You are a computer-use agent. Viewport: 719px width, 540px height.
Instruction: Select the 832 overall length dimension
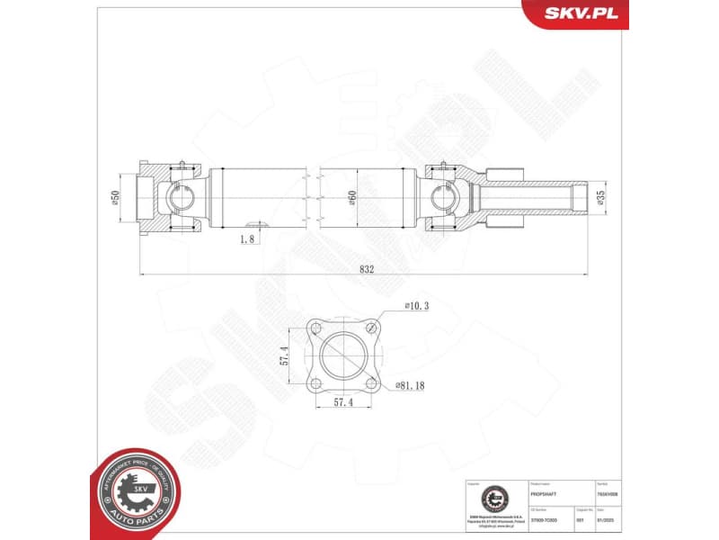point(366,267)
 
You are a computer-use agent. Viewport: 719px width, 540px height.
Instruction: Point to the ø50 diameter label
point(116,197)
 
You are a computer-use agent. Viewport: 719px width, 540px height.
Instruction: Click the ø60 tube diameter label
point(352,197)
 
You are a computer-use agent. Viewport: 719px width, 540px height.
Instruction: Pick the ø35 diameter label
point(599,197)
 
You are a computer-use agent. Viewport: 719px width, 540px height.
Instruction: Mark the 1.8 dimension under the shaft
point(248,238)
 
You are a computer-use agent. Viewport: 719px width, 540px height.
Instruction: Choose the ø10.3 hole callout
point(416,306)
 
